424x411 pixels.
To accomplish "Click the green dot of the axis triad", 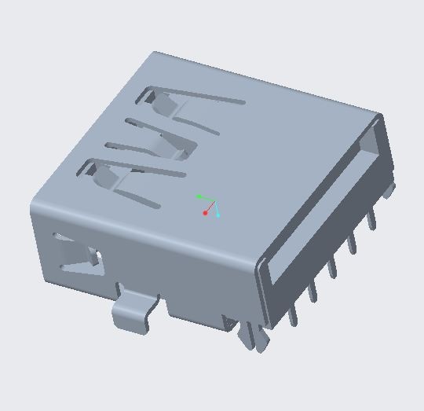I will pos(199,196).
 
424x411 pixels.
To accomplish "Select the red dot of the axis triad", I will pos(206,213).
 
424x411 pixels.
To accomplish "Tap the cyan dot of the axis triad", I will pos(217,215).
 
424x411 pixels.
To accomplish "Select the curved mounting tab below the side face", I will pos(132,311).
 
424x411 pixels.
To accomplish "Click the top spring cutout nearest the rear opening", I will pos(188,103).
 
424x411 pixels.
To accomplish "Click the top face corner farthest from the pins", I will pos(155,53).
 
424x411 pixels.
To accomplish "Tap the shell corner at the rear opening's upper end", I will pos(381,116).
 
